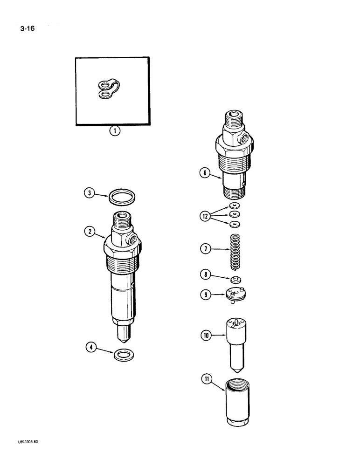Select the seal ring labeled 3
click(x=122, y=197)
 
